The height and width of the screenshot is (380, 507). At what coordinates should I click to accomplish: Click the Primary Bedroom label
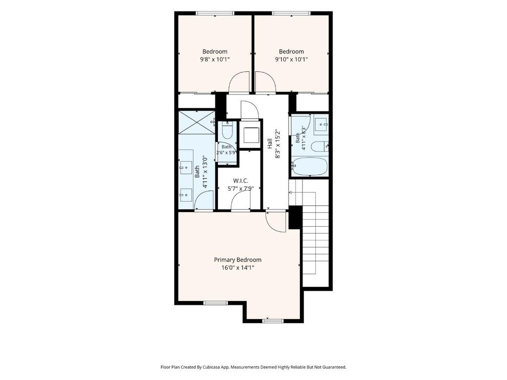point(238,260)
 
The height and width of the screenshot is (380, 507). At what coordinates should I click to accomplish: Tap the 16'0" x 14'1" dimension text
point(238,268)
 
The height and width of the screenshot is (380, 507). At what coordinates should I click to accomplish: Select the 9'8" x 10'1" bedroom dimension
point(215,59)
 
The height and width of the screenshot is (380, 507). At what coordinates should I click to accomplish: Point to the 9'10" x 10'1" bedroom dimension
point(291,59)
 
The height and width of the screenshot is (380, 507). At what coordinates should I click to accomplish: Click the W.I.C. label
point(240,181)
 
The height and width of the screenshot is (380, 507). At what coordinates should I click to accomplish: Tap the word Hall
point(270,144)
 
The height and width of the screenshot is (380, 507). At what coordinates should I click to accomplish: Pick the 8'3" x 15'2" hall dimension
point(277,144)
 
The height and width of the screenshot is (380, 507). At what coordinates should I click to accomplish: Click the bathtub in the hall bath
point(309,167)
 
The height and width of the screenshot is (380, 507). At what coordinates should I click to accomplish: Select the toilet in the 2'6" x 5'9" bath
point(228,131)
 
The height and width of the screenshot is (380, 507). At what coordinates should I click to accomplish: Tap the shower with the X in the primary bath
point(197,122)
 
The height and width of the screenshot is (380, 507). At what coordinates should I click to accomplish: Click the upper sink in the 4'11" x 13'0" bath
point(186,167)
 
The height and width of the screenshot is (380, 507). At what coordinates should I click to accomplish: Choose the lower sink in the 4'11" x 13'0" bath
point(186,195)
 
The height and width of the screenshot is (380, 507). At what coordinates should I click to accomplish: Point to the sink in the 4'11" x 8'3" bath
point(321,124)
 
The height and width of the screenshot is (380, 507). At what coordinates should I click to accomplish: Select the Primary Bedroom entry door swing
point(276,222)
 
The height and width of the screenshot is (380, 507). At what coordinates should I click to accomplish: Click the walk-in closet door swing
point(241,201)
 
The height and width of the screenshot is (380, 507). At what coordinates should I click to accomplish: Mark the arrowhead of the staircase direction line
point(290,192)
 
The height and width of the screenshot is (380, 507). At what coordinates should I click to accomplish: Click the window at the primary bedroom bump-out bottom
point(273,321)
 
